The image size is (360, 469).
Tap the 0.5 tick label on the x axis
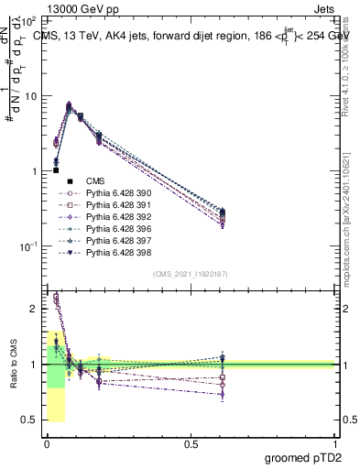click(x=191, y=443)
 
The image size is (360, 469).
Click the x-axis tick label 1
click(x=335, y=443)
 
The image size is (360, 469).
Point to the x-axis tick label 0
click(x=47, y=443)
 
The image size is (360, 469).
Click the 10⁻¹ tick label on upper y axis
click(x=29, y=246)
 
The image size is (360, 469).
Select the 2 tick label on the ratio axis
click(x=34, y=309)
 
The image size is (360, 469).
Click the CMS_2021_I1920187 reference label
click(x=191, y=274)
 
